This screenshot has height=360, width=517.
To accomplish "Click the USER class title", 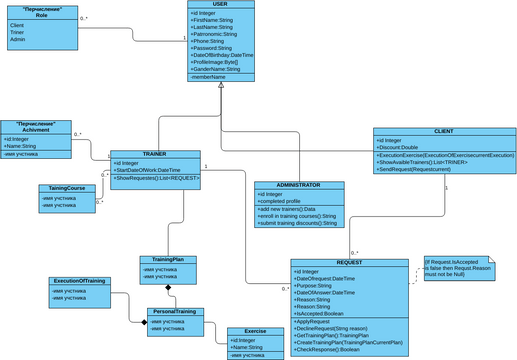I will click(x=220, y=4).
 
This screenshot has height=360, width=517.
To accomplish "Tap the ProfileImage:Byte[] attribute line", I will click(x=217, y=61).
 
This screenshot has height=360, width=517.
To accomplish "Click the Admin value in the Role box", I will click(x=17, y=39).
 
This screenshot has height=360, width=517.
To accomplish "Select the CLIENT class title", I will click(x=444, y=131).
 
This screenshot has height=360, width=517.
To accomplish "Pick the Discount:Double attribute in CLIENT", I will click(x=401, y=148).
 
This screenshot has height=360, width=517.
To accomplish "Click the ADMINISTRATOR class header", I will click(x=298, y=185).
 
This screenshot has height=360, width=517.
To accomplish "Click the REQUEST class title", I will click(x=349, y=262).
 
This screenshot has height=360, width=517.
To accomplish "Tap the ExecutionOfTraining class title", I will click(x=79, y=281).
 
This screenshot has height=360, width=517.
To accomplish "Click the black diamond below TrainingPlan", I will click(x=169, y=288).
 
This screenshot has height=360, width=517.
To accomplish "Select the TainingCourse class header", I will click(x=68, y=188).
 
